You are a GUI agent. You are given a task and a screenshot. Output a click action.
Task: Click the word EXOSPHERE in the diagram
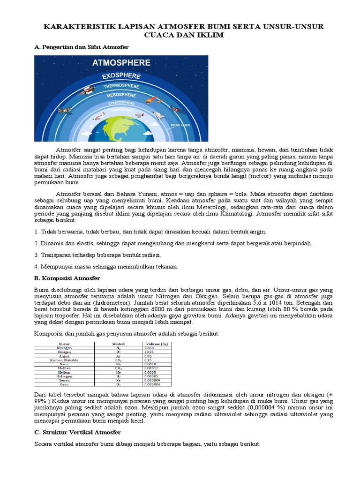tap(121, 75)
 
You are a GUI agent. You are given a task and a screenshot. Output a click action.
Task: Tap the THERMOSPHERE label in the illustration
tap(121, 86)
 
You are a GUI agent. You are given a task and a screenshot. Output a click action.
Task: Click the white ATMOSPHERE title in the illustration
tap(121, 62)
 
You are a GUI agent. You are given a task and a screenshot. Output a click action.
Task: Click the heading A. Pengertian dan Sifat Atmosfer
tap(82, 47)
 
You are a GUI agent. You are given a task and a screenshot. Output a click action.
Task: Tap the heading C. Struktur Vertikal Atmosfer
tap(78, 432)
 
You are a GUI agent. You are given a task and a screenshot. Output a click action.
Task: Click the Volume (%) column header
tap(156, 344)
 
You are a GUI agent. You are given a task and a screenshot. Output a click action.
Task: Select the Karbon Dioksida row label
tap(64, 360)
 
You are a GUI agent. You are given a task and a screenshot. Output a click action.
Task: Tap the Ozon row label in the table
tap(64, 384)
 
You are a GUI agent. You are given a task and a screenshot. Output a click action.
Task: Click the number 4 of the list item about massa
tap(36, 267)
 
